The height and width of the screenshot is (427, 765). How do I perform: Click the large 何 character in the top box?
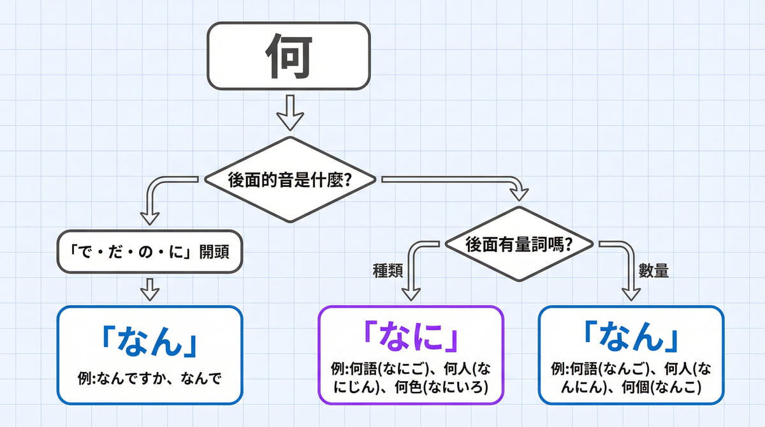coord(288,56)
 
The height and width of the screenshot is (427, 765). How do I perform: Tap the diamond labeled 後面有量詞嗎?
coord(519,244)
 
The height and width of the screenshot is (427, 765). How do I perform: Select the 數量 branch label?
coord(653,271)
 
